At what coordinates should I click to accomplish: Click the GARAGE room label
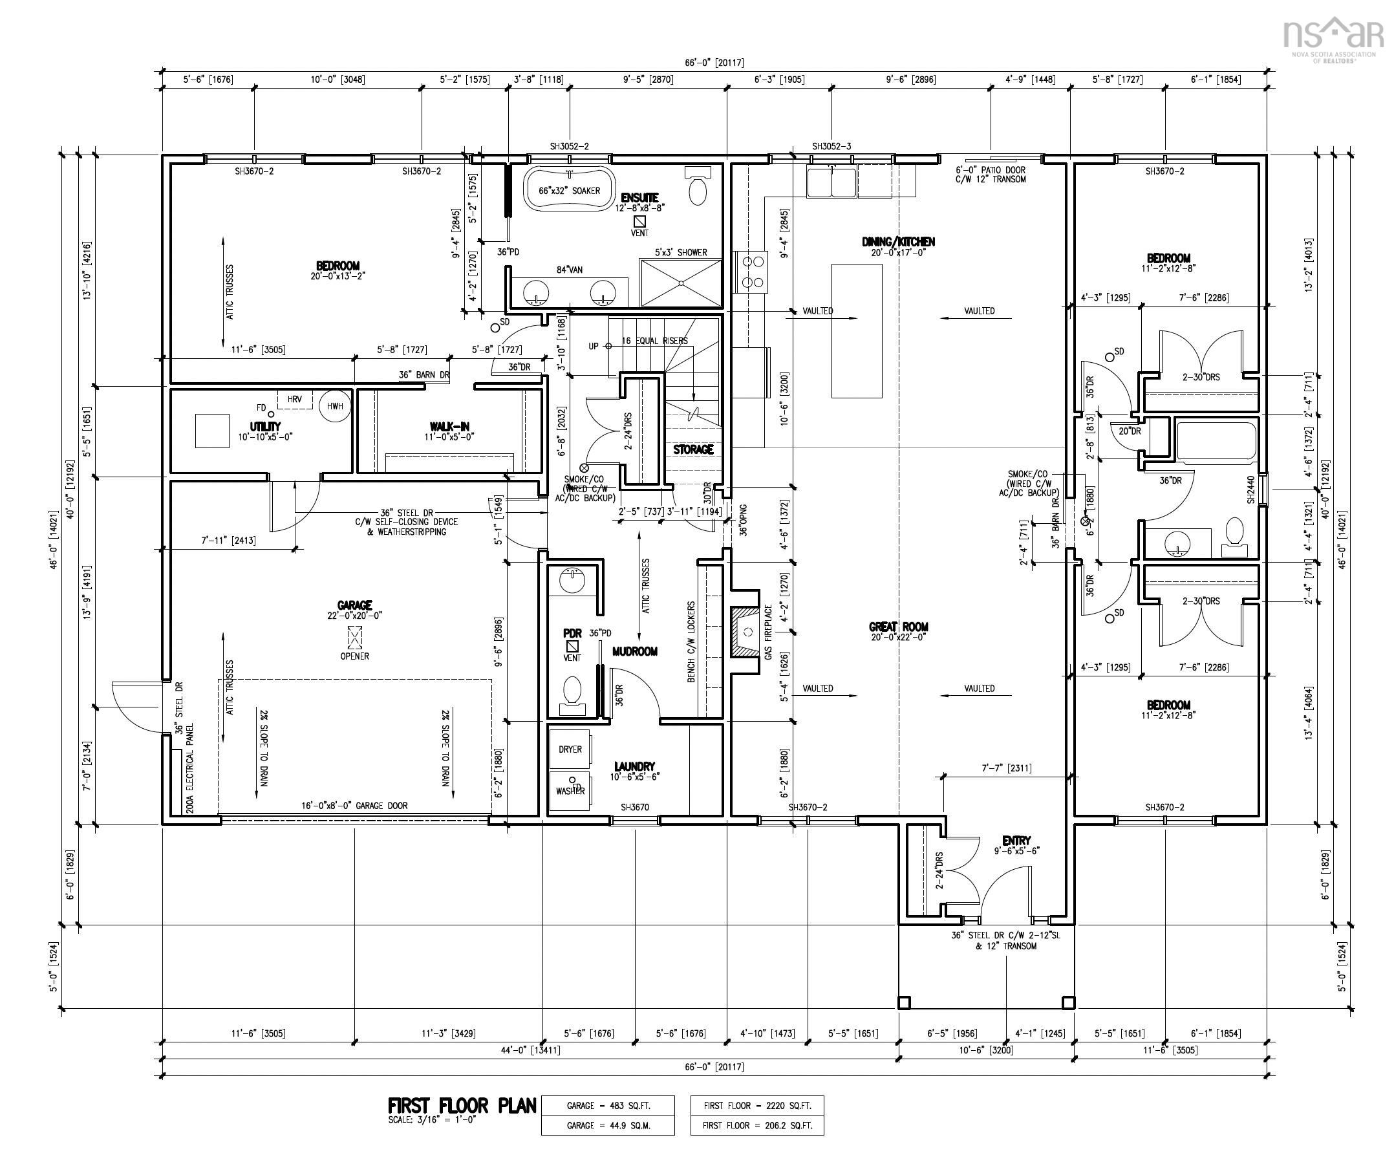(x=354, y=605)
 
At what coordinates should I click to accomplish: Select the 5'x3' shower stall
(x=680, y=282)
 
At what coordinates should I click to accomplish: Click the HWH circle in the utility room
(x=335, y=405)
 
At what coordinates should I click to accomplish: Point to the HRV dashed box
(x=295, y=399)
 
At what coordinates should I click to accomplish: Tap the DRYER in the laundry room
(x=570, y=749)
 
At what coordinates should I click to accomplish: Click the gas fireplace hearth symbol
(x=745, y=630)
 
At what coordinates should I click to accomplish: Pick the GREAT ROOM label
(x=898, y=626)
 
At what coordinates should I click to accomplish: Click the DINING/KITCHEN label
(x=898, y=242)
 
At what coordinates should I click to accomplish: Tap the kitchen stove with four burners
(x=751, y=272)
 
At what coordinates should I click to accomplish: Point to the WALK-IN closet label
(x=449, y=426)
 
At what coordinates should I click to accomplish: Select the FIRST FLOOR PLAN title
(x=462, y=1106)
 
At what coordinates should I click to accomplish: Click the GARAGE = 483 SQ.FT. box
(x=608, y=1106)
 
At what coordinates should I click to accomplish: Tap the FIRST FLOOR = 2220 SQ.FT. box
(x=756, y=1106)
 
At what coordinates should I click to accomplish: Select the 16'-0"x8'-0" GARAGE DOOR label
(x=354, y=806)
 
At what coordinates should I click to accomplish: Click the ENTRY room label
(x=1016, y=841)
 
